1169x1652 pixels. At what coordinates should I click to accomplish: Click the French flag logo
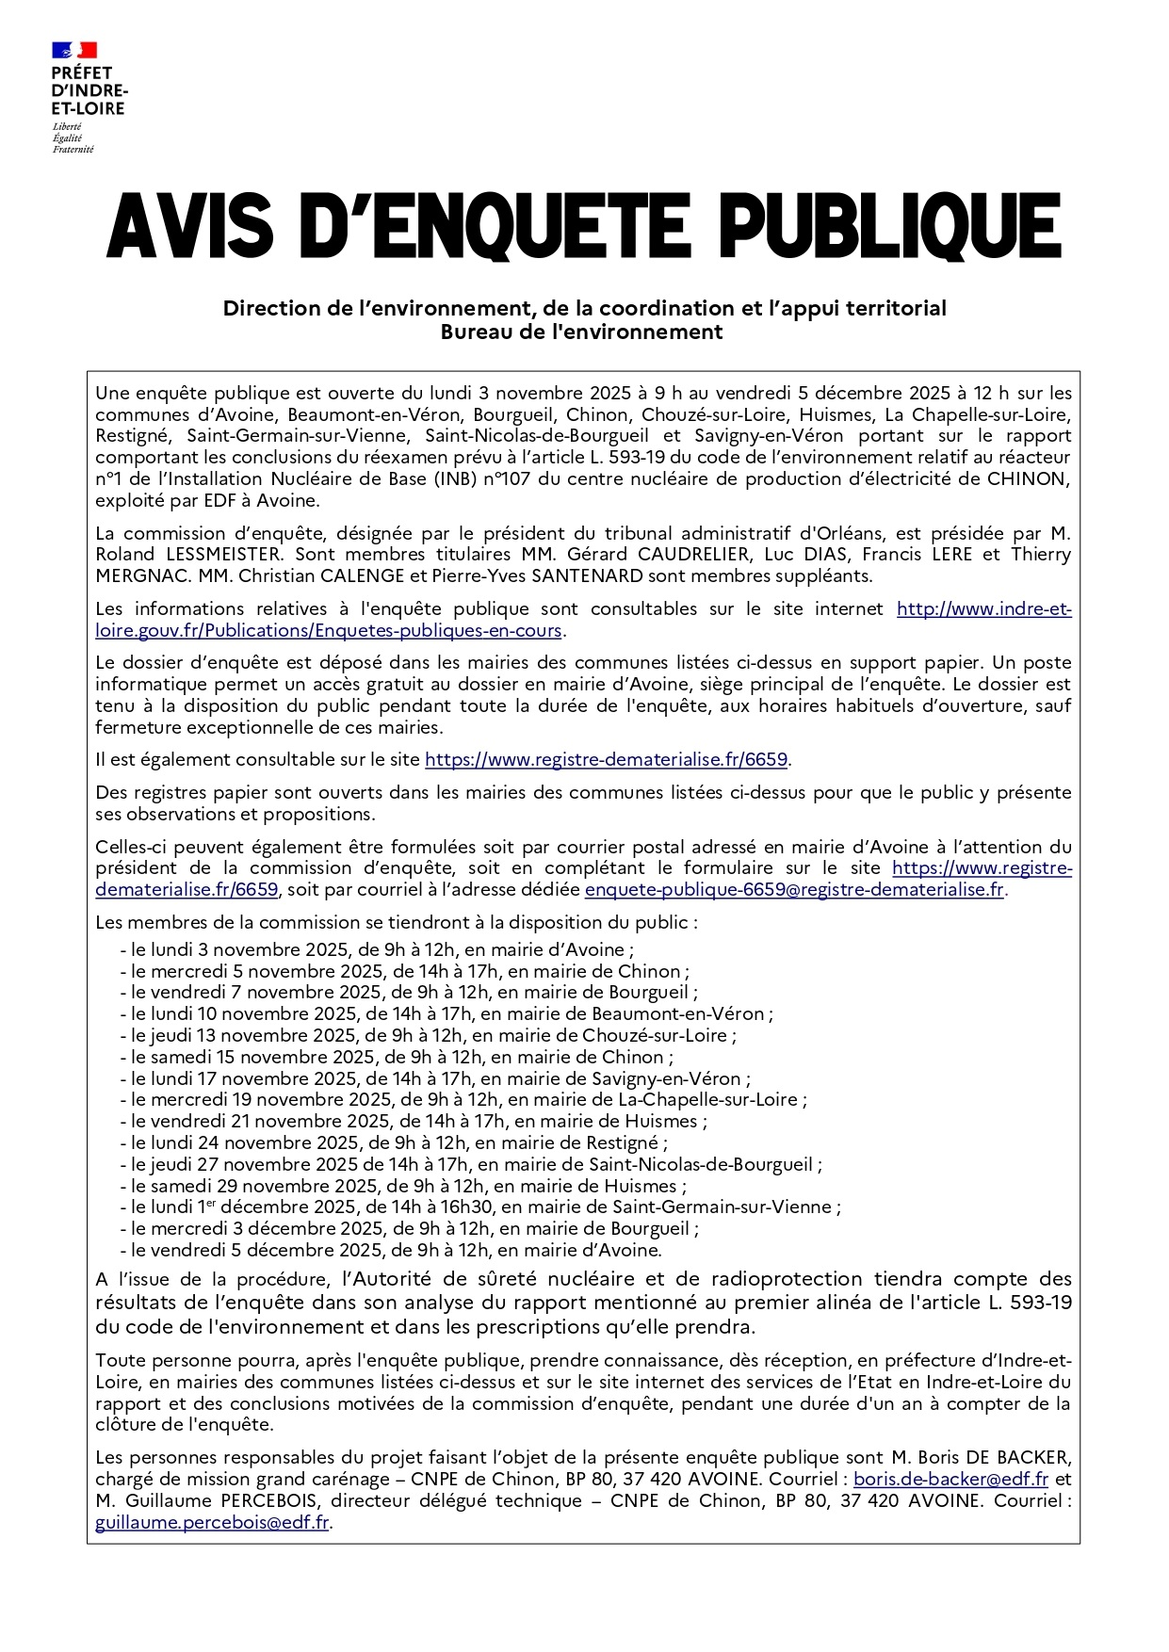pyautogui.click(x=74, y=50)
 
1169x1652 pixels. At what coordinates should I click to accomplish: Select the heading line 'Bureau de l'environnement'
pyautogui.click(x=582, y=332)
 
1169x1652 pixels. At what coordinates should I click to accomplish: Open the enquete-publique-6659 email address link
pyautogui.click(x=794, y=889)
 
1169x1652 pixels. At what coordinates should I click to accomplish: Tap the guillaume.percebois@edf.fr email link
pyautogui.click(x=212, y=1522)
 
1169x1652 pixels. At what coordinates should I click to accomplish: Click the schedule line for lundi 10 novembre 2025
pyautogui.click(x=446, y=1014)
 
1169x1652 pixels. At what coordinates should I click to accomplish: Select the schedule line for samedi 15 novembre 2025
pyautogui.click(x=397, y=1057)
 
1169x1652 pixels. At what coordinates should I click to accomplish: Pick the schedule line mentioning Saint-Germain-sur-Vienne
pyautogui.click(x=480, y=1207)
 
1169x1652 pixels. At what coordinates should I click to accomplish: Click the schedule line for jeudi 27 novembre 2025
pyautogui.click(x=471, y=1165)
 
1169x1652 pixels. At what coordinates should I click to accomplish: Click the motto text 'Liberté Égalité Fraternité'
pyautogui.click(x=73, y=138)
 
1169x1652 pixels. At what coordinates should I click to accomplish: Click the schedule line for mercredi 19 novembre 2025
pyautogui.click(x=463, y=1099)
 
